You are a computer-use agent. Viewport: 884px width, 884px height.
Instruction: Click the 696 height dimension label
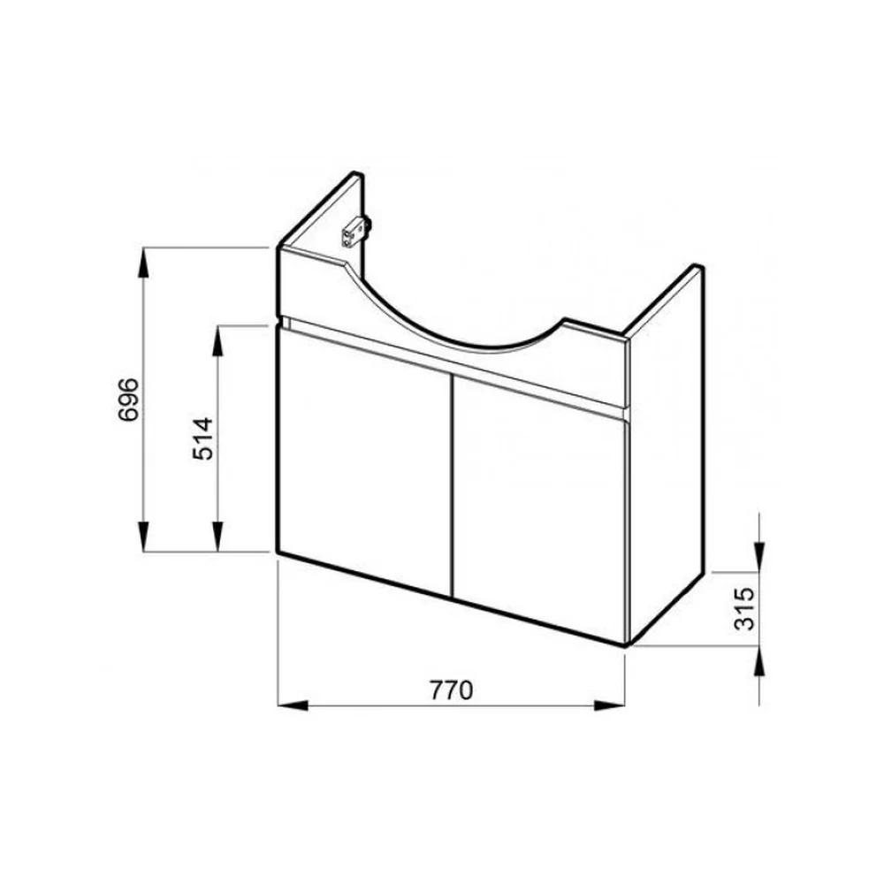[x=128, y=400]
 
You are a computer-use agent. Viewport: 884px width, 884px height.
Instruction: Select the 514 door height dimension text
[x=203, y=438]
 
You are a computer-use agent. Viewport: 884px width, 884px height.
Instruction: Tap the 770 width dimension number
[x=451, y=690]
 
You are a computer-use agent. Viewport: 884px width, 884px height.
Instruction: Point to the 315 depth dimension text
[x=744, y=608]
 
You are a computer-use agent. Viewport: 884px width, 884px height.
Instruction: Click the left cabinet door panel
[x=365, y=461]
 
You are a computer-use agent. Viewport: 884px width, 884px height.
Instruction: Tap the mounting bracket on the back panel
[x=355, y=231]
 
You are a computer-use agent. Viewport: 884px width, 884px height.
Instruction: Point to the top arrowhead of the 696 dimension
[x=144, y=263]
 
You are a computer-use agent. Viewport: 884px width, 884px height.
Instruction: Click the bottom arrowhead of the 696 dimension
[x=144, y=537]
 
